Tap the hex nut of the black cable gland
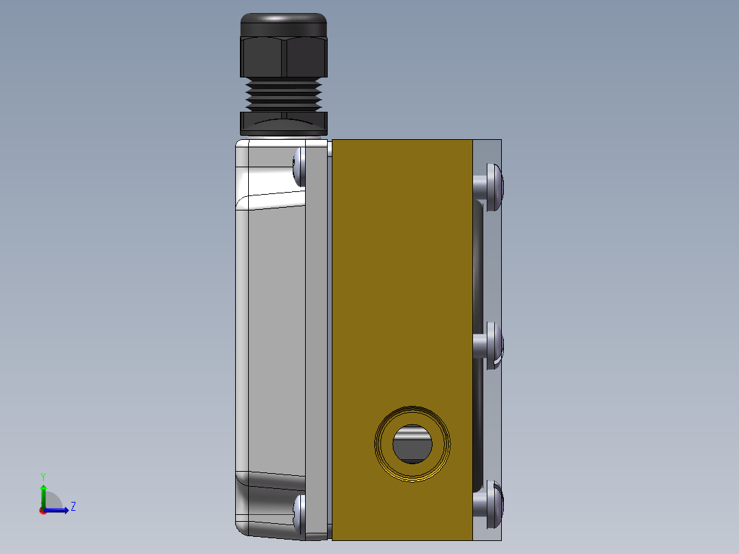[284, 56]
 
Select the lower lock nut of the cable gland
[284, 122]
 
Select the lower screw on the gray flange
[300, 513]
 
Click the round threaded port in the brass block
[413, 444]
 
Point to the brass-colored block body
[402, 274]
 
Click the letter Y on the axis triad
[43, 476]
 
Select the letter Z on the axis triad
[73, 507]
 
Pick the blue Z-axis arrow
[58, 510]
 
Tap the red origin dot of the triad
[43, 510]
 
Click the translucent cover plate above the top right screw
[488, 151]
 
